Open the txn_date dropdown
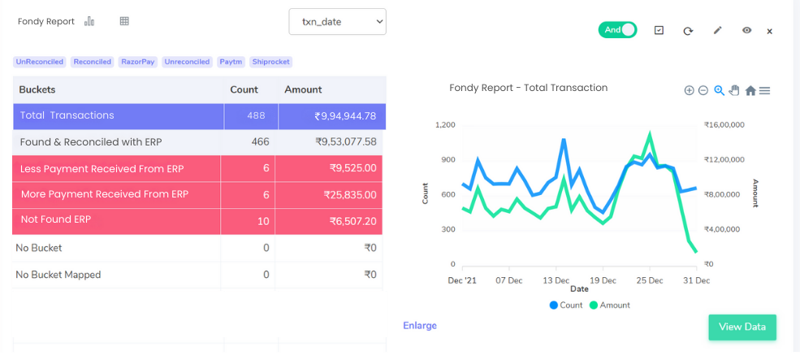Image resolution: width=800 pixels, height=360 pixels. coord(337,22)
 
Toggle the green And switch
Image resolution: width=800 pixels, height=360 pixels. coord(617,30)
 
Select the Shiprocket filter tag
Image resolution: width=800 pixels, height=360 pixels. coord(270,62)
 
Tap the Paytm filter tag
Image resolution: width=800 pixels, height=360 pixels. coord(230,62)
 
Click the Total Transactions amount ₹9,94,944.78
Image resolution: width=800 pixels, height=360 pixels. coord(345,116)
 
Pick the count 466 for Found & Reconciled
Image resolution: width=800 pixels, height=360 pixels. coord(260,142)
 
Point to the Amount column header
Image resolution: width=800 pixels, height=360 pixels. coord(303,89)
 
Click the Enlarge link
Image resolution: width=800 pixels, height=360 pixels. coord(420,326)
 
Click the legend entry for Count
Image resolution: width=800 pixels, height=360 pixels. coord(566,306)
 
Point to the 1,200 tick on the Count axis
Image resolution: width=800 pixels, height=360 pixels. coord(445,125)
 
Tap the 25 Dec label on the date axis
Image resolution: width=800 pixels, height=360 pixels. coord(650,280)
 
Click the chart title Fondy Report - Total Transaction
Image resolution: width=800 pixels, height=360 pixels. coord(528,88)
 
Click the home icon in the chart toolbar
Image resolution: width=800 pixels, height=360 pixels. coord(750,91)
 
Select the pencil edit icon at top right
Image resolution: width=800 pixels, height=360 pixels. coord(717,30)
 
